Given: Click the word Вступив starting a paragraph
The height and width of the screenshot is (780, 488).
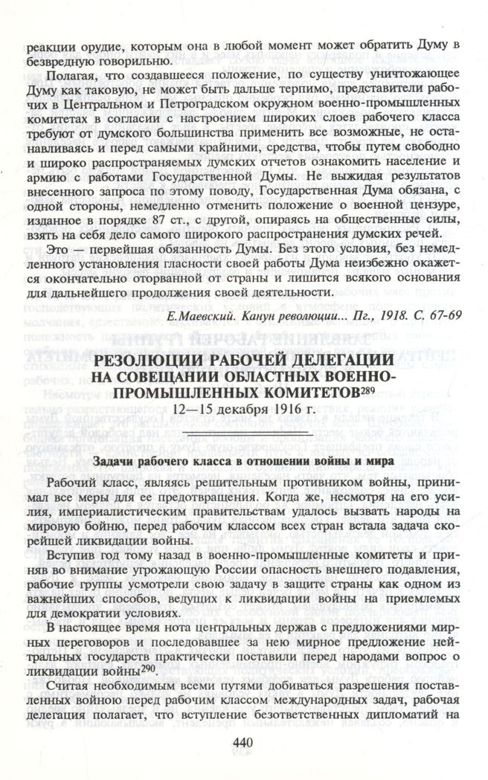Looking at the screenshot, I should (71, 555).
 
